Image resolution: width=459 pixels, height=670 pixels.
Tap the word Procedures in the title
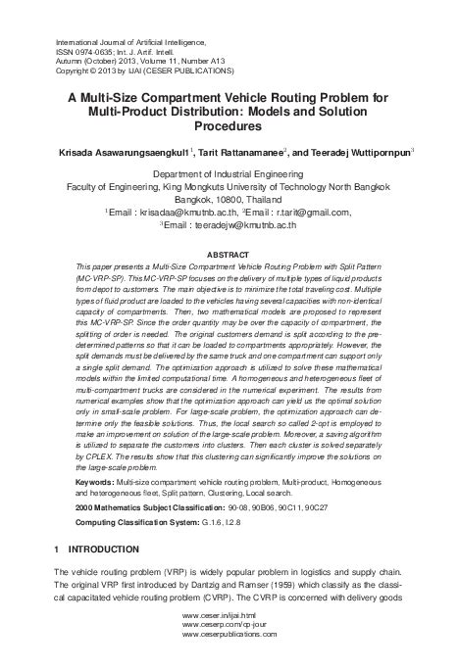(x=229, y=127)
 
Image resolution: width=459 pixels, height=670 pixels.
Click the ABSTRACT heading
(x=229, y=254)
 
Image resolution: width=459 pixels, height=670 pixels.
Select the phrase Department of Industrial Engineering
(x=229, y=171)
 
